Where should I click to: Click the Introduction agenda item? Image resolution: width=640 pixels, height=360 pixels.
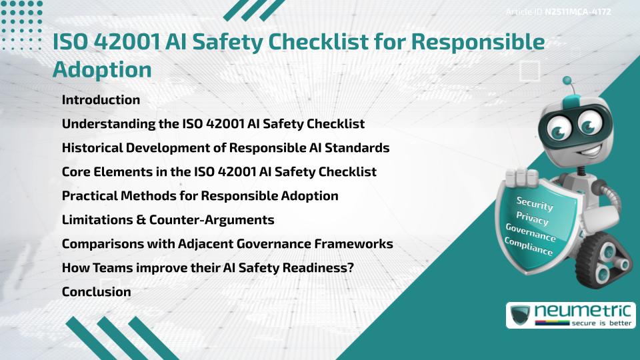101,100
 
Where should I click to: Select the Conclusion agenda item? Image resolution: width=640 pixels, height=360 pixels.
96,291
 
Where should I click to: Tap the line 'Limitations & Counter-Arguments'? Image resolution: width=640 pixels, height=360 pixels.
168,219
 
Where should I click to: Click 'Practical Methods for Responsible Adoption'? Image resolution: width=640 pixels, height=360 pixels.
200,196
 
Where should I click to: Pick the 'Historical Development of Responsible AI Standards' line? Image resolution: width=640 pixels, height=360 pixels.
225,148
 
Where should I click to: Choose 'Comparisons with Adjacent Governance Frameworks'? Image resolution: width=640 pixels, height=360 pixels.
227,244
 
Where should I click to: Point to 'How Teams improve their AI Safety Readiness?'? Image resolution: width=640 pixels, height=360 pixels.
207,268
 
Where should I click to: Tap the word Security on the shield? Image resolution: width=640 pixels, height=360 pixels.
535,203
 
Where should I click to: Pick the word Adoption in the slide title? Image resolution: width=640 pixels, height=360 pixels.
102,69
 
